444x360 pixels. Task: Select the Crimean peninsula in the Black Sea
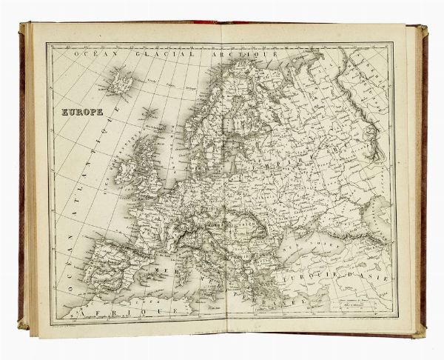(311, 226)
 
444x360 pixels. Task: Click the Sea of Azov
(326, 216)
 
